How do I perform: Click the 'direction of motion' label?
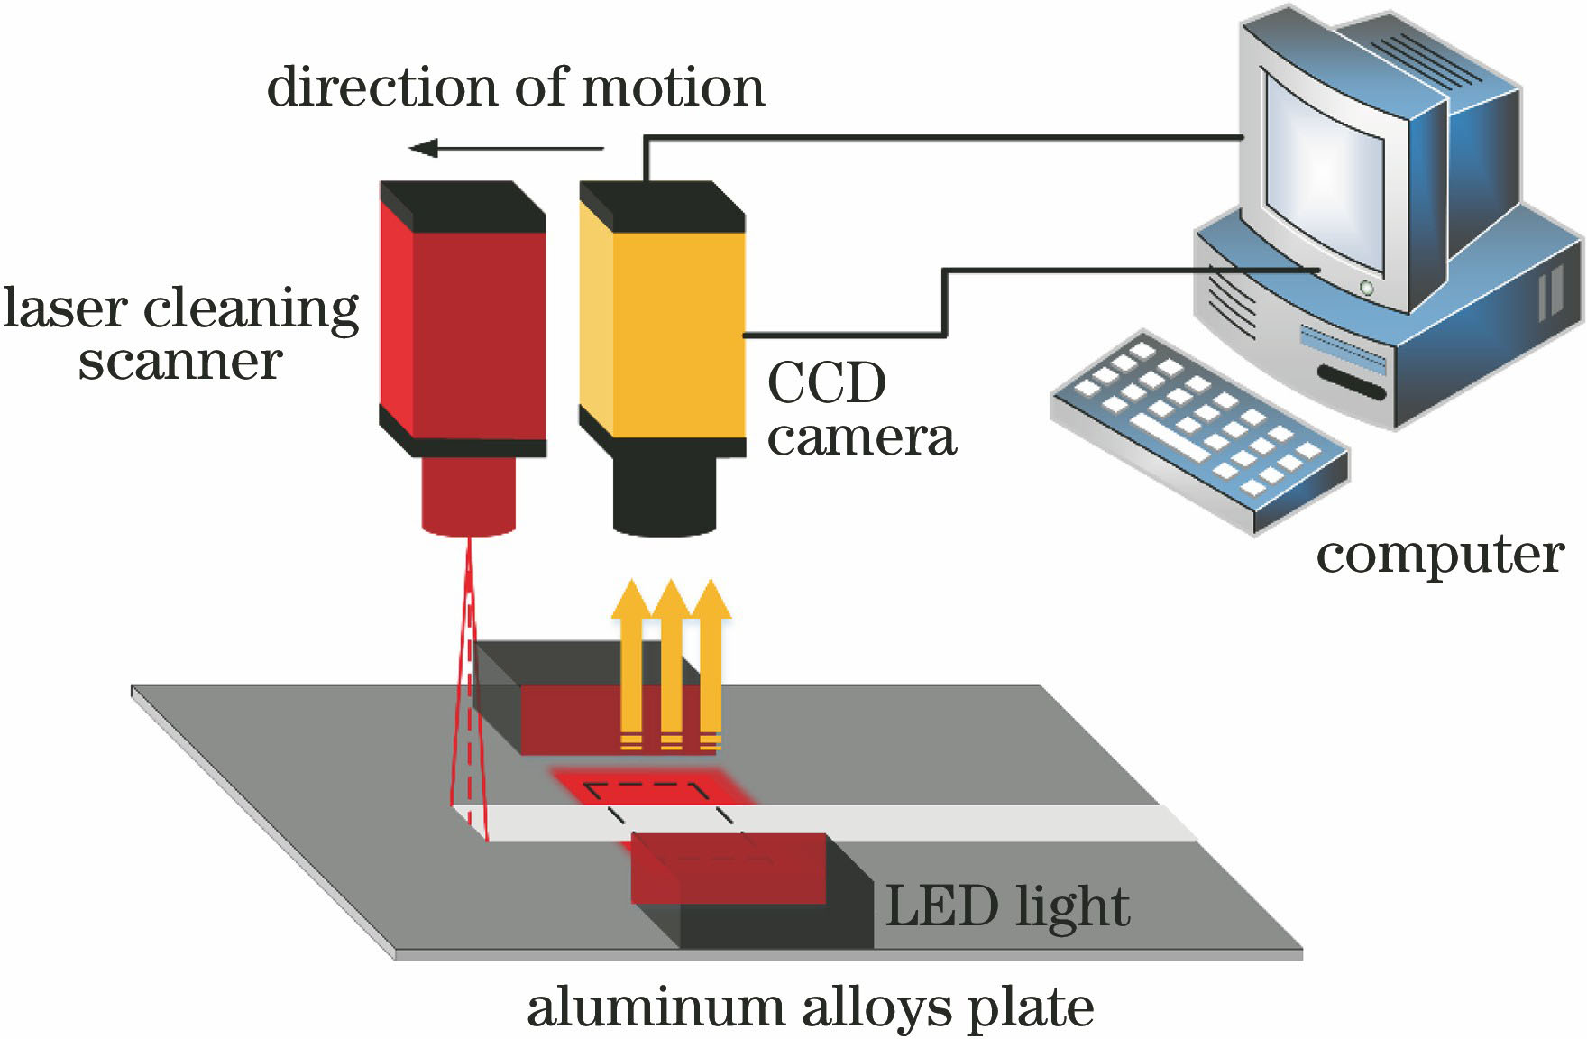pos(515,88)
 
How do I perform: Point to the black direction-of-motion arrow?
pos(505,148)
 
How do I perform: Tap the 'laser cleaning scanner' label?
pos(180,334)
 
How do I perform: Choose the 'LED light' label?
pos(1007,906)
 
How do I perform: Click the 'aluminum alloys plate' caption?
pos(810,1007)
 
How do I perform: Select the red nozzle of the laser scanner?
pos(468,496)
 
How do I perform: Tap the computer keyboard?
pos(1199,428)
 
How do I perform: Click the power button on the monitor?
pos(1367,288)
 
